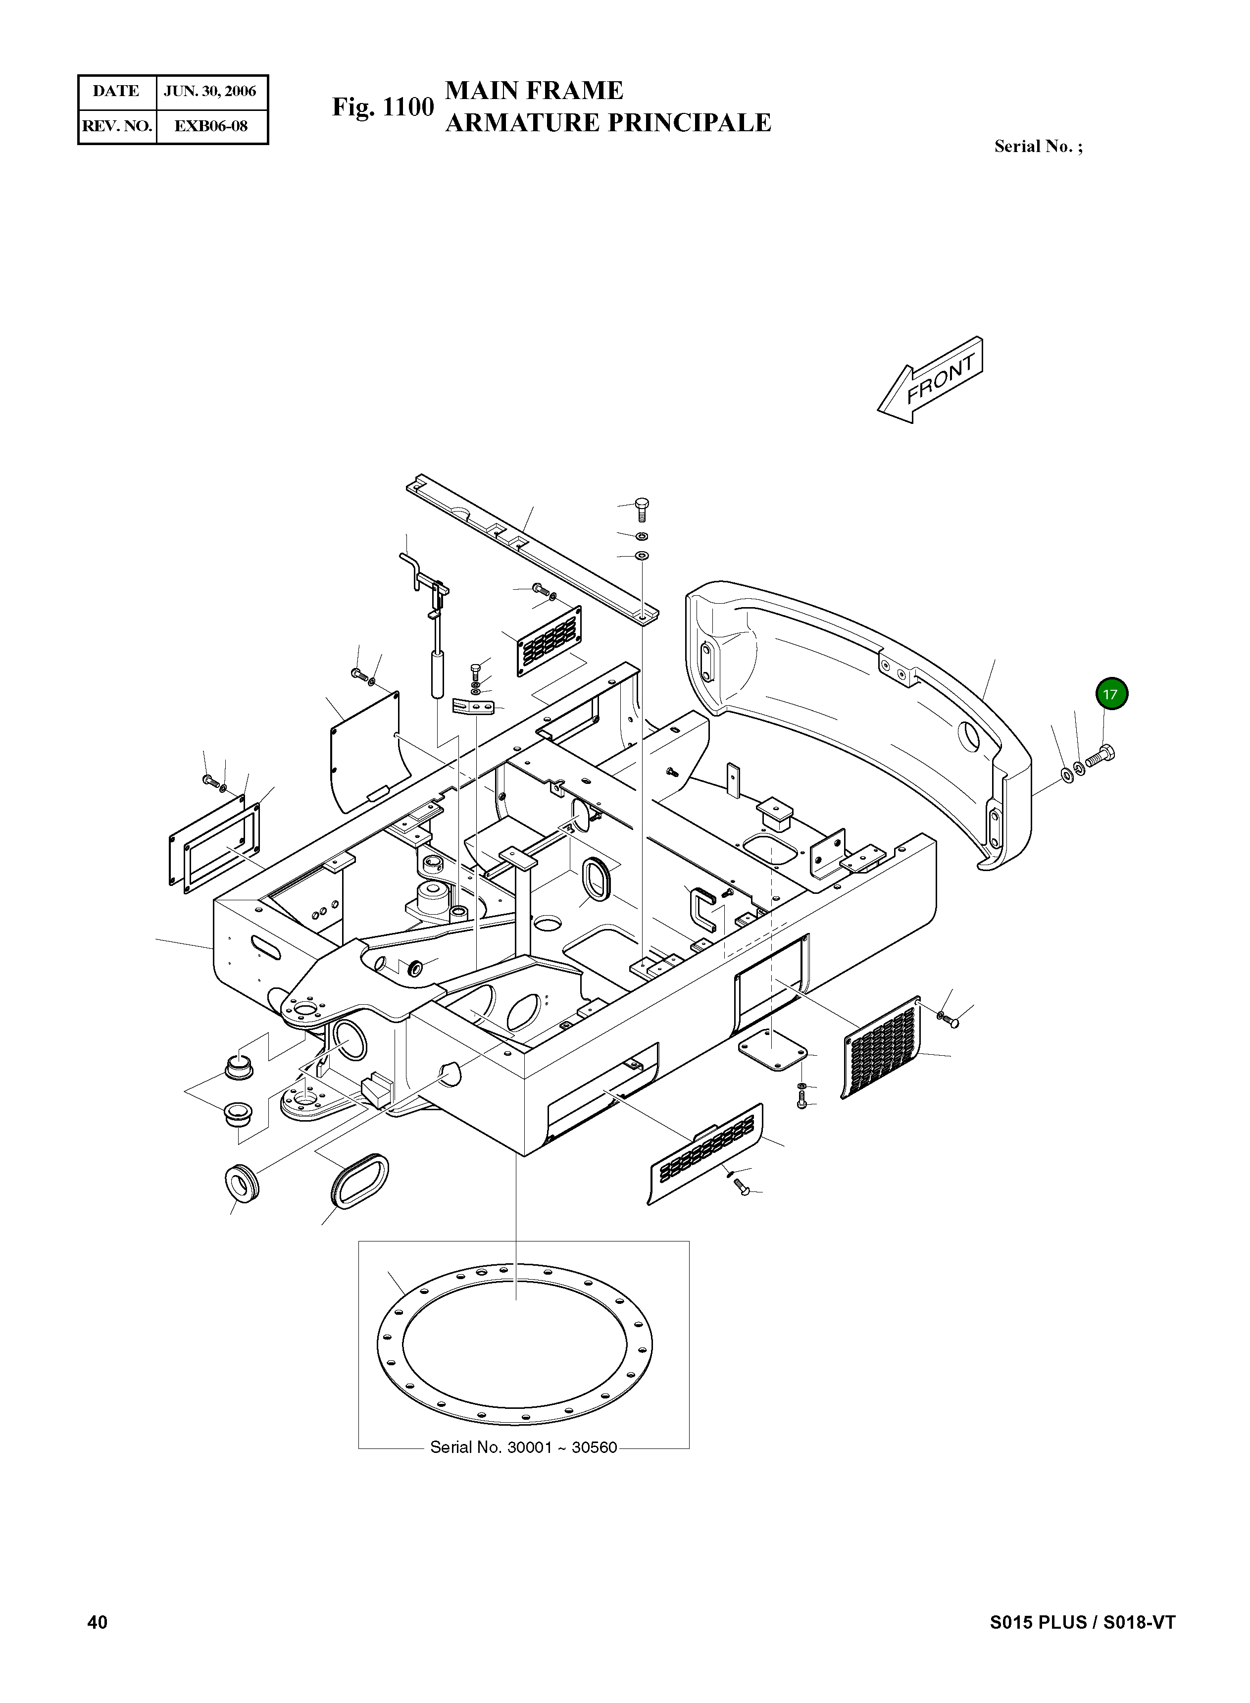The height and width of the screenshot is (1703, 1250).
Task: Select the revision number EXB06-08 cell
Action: (210, 126)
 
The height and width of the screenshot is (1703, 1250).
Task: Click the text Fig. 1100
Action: (383, 107)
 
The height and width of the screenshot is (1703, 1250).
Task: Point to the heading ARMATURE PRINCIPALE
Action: (607, 123)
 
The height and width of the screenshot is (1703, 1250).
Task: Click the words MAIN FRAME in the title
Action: (534, 91)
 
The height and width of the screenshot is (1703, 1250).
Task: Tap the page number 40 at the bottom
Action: (98, 1622)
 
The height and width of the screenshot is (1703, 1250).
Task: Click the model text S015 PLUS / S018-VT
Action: (1082, 1622)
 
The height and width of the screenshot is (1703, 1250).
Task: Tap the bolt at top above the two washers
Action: (643, 508)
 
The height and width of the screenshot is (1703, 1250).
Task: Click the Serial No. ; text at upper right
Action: (1038, 147)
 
